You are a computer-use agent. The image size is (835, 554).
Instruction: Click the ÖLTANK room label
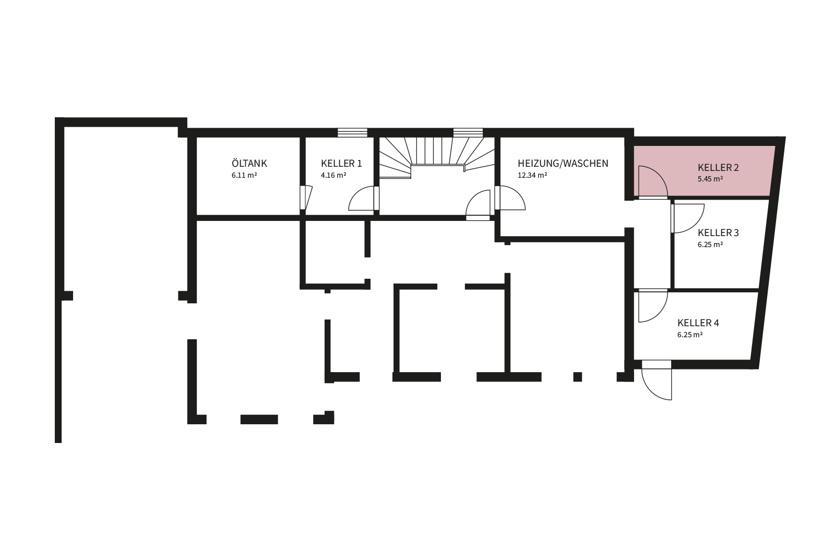(x=249, y=163)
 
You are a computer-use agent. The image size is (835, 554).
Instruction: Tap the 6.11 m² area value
(x=244, y=175)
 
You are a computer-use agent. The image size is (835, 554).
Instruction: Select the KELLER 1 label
(x=341, y=164)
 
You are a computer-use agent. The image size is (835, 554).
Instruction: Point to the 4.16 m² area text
(x=333, y=175)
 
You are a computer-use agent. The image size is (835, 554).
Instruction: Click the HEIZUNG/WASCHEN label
(x=563, y=164)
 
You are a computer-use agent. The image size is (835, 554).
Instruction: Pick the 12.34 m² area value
(x=532, y=175)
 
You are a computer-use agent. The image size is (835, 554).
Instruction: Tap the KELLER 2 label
(x=718, y=167)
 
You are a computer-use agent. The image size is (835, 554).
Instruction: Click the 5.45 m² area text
(x=710, y=179)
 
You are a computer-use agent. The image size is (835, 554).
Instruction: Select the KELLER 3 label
(x=718, y=232)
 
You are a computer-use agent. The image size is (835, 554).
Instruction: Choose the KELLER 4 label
(x=698, y=323)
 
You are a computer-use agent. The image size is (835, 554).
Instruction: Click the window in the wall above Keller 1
(x=352, y=132)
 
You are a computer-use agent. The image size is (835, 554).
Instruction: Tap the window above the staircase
(x=468, y=132)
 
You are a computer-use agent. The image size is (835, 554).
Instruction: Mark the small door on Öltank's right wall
(x=306, y=198)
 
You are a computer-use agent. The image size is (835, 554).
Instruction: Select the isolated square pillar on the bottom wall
(x=577, y=377)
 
